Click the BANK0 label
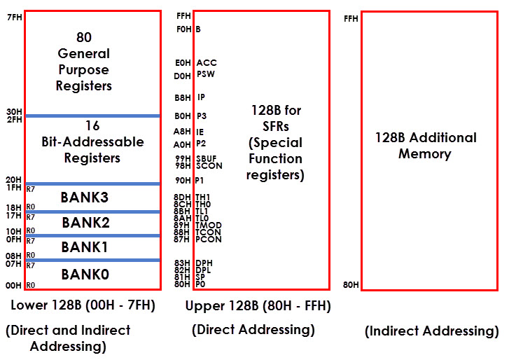pyautogui.click(x=85, y=274)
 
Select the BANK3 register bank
pyautogui.click(x=85, y=198)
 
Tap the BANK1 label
pyautogui.click(x=85, y=247)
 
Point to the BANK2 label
pyautogui.click(x=85, y=223)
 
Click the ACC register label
pyautogui.click(x=207, y=63)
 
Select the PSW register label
pyautogui.click(x=205, y=74)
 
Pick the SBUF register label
pyautogui.click(x=207, y=158)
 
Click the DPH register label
pyautogui.click(x=204, y=263)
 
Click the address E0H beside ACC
pyautogui.click(x=183, y=63)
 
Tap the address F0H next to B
pyautogui.click(x=183, y=29)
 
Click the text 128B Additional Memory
pyautogui.click(x=426, y=146)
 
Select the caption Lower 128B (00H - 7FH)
pyautogui.click(x=83, y=305)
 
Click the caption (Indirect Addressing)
pyautogui.click(x=432, y=331)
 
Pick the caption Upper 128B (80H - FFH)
pyautogui.click(x=258, y=306)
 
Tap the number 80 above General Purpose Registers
pyautogui.click(x=84, y=37)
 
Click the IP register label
pyautogui.click(x=201, y=97)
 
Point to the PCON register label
pyautogui.click(x=208, y=240)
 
